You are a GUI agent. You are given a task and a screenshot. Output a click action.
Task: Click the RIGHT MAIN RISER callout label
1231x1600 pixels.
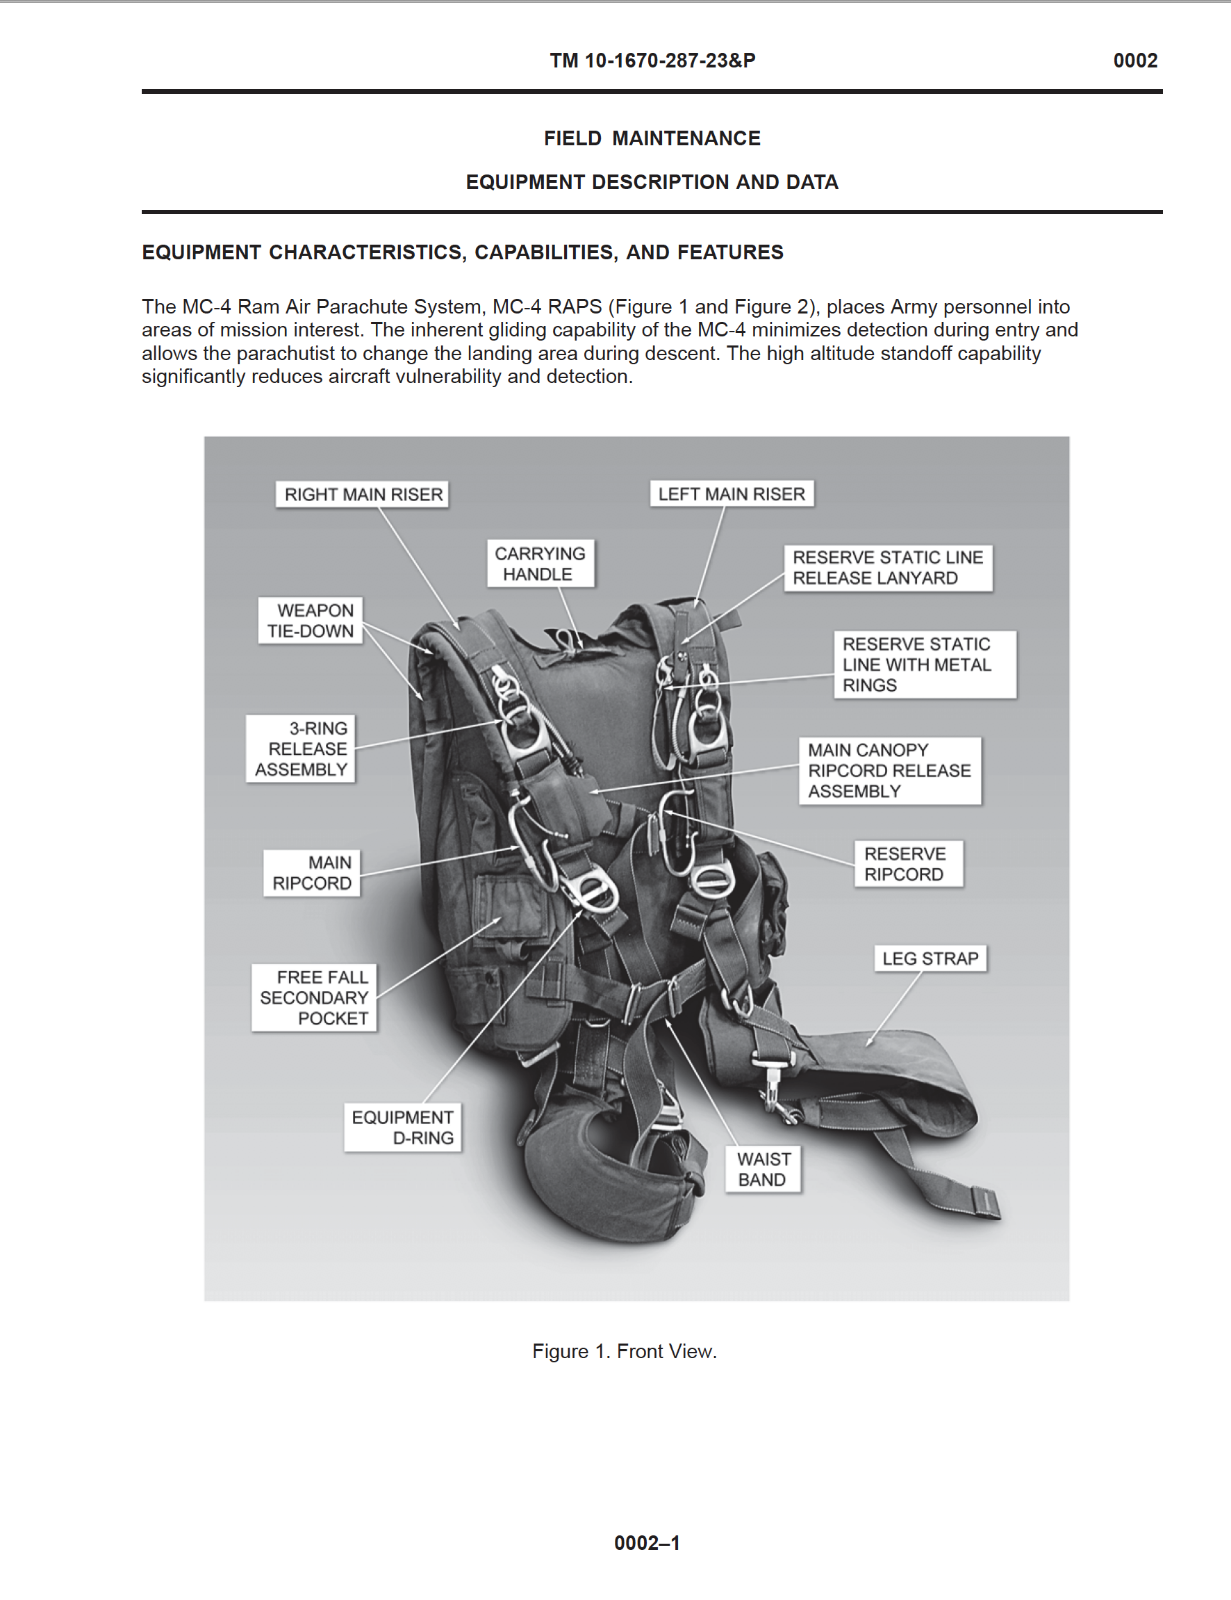pos(362,495)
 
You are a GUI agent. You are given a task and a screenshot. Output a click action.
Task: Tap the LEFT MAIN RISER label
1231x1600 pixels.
pos(731,494)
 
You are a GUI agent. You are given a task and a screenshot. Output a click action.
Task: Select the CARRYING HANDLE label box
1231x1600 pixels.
pos(540,564)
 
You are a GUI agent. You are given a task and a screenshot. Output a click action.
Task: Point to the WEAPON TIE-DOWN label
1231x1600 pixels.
pos(310,621)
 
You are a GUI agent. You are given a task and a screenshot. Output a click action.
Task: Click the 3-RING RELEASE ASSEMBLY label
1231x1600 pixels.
pos(301,749)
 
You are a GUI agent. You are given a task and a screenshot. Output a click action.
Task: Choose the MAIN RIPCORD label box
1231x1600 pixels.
pos(312,873)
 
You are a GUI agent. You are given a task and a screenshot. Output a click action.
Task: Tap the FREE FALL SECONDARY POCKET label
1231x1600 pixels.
pos(314,997)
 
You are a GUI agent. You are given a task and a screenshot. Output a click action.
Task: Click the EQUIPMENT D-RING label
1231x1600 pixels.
pos(403,1127)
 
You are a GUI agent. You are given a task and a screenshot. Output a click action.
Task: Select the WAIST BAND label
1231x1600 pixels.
pos(763,1169)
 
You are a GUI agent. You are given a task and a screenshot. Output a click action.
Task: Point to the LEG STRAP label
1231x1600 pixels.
pos(930,958)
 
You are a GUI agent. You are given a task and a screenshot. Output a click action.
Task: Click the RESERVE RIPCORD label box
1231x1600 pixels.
pos(907,864)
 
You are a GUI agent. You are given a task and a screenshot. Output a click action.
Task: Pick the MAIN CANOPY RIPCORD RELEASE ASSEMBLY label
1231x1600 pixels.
pos(889,770)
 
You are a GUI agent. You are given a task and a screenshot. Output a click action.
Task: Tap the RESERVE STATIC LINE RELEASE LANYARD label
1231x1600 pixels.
pos(887,567)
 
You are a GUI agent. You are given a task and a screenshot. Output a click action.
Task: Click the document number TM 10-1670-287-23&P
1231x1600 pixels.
pos(652,61)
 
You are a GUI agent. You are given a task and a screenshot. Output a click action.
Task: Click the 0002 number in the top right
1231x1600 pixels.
pos(1135,61)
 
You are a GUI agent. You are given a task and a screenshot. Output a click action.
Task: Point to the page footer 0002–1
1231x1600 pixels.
pos(647,1543)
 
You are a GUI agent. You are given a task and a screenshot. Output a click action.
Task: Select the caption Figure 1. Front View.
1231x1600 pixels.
pos(624,1351)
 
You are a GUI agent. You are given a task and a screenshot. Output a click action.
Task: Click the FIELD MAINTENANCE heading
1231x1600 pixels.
pos(652,138)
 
